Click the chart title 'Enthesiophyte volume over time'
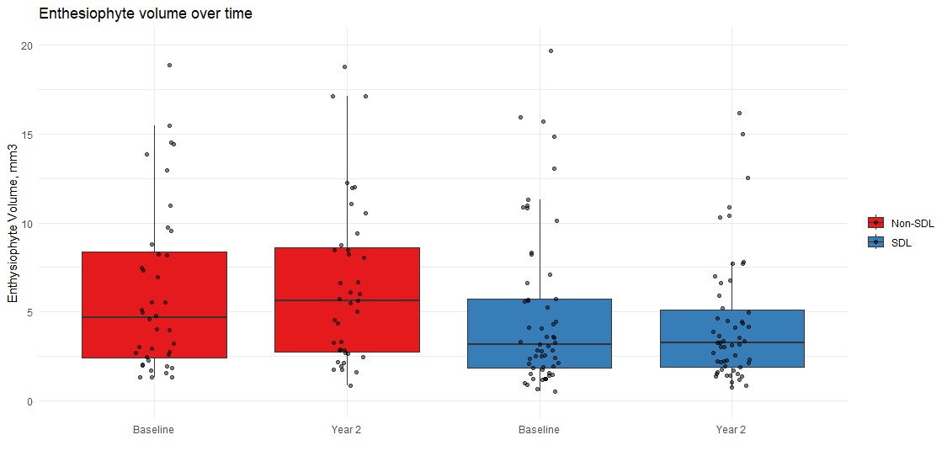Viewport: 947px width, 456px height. tap(146, 13)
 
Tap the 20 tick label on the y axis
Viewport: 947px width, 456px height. tap(27, 45)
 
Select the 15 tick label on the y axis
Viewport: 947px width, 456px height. tap(27, 135)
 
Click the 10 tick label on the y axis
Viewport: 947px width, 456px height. tap(27, 224)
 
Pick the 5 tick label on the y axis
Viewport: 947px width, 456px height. tap(29, 312)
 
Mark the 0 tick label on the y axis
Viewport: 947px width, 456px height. tap(29, 401)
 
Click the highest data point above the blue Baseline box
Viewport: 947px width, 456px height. tap(551, 51)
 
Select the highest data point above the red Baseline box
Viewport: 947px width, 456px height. tap(169, 65)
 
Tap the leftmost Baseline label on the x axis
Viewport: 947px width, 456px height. tap(154, 430)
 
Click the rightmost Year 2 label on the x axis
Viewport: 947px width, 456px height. tap(731, 430)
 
